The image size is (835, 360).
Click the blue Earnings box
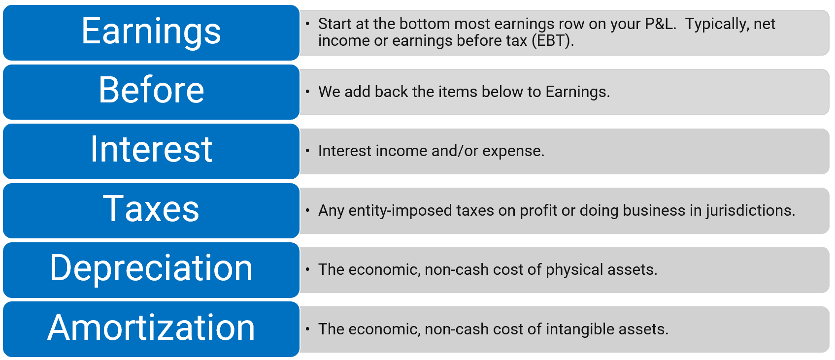click(x=151, y=33)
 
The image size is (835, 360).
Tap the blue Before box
click(x=151, y=92)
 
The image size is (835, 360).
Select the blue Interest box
click(x=151, y=151)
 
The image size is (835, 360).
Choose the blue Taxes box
click(x=151, y=211)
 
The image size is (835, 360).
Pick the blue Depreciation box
click(x=151, y=270)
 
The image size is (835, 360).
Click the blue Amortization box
click(x=151, y=329)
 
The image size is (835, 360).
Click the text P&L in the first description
click(x=660, y=24)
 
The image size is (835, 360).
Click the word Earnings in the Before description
click(x=577, y=92)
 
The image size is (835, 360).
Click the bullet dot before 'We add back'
click(x=307, y=92)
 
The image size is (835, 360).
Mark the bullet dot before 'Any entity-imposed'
click(x=307, y=211)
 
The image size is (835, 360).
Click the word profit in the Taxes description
click(x=538, y=211)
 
